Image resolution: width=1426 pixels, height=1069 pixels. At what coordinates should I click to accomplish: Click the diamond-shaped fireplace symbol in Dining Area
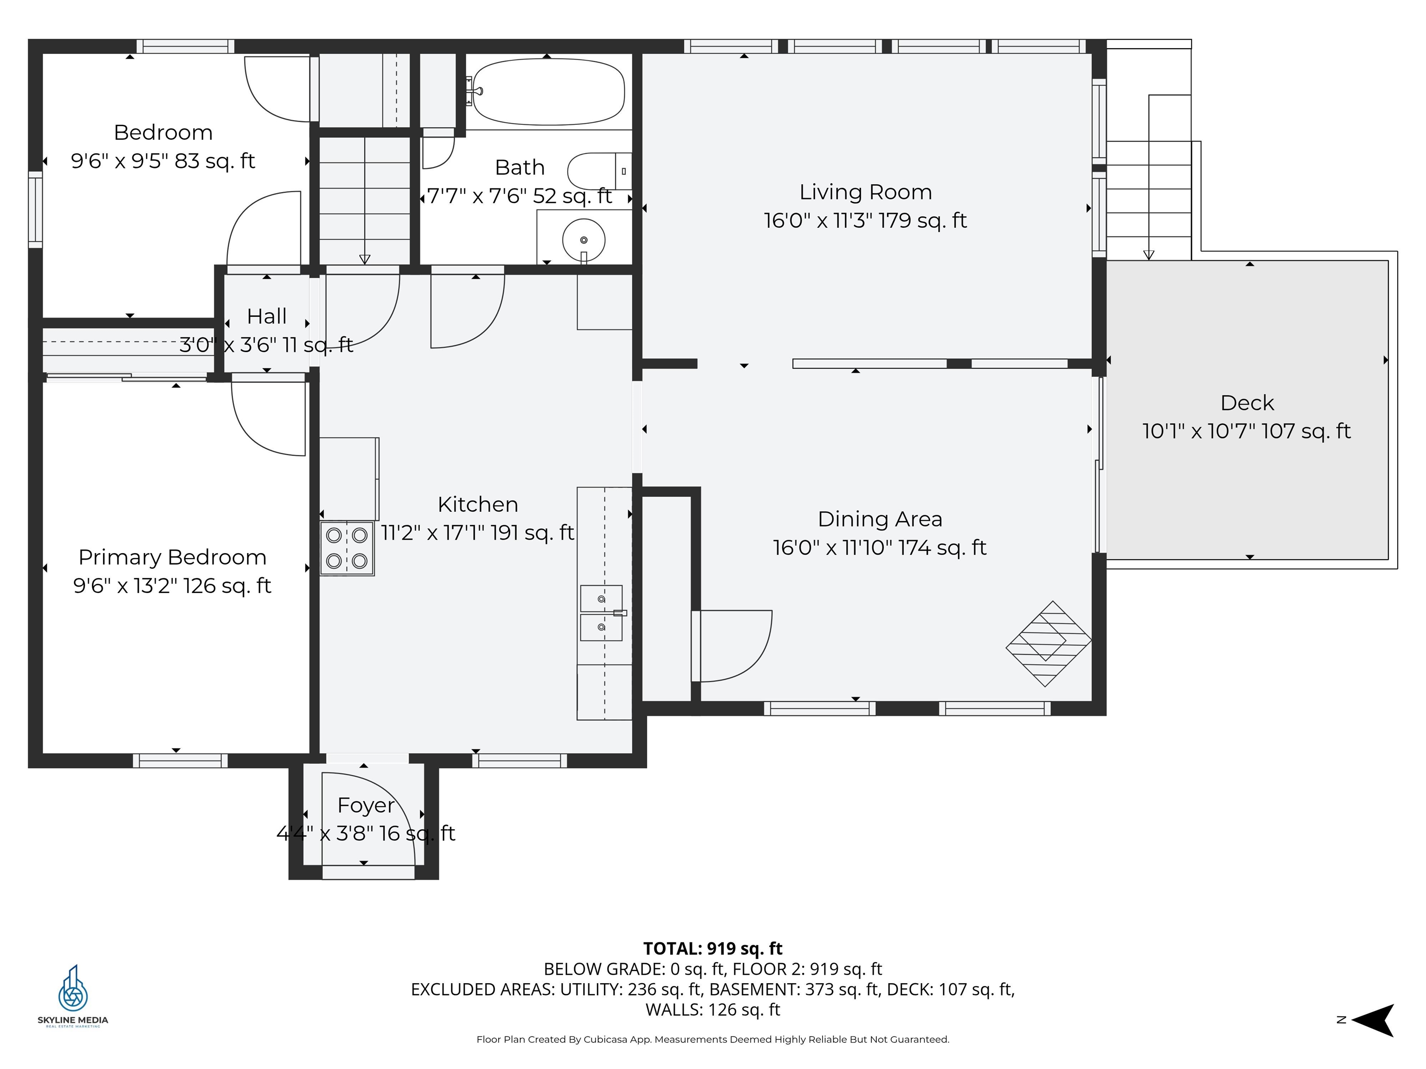1048,643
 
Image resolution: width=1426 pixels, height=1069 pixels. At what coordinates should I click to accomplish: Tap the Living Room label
865,192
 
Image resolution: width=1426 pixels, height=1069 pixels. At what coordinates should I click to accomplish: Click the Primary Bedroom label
172,557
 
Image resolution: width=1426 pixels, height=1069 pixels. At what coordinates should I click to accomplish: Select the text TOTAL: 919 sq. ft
713,948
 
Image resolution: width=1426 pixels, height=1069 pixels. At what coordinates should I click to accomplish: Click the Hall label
266,316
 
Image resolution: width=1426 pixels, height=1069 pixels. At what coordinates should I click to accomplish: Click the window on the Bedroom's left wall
35,209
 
